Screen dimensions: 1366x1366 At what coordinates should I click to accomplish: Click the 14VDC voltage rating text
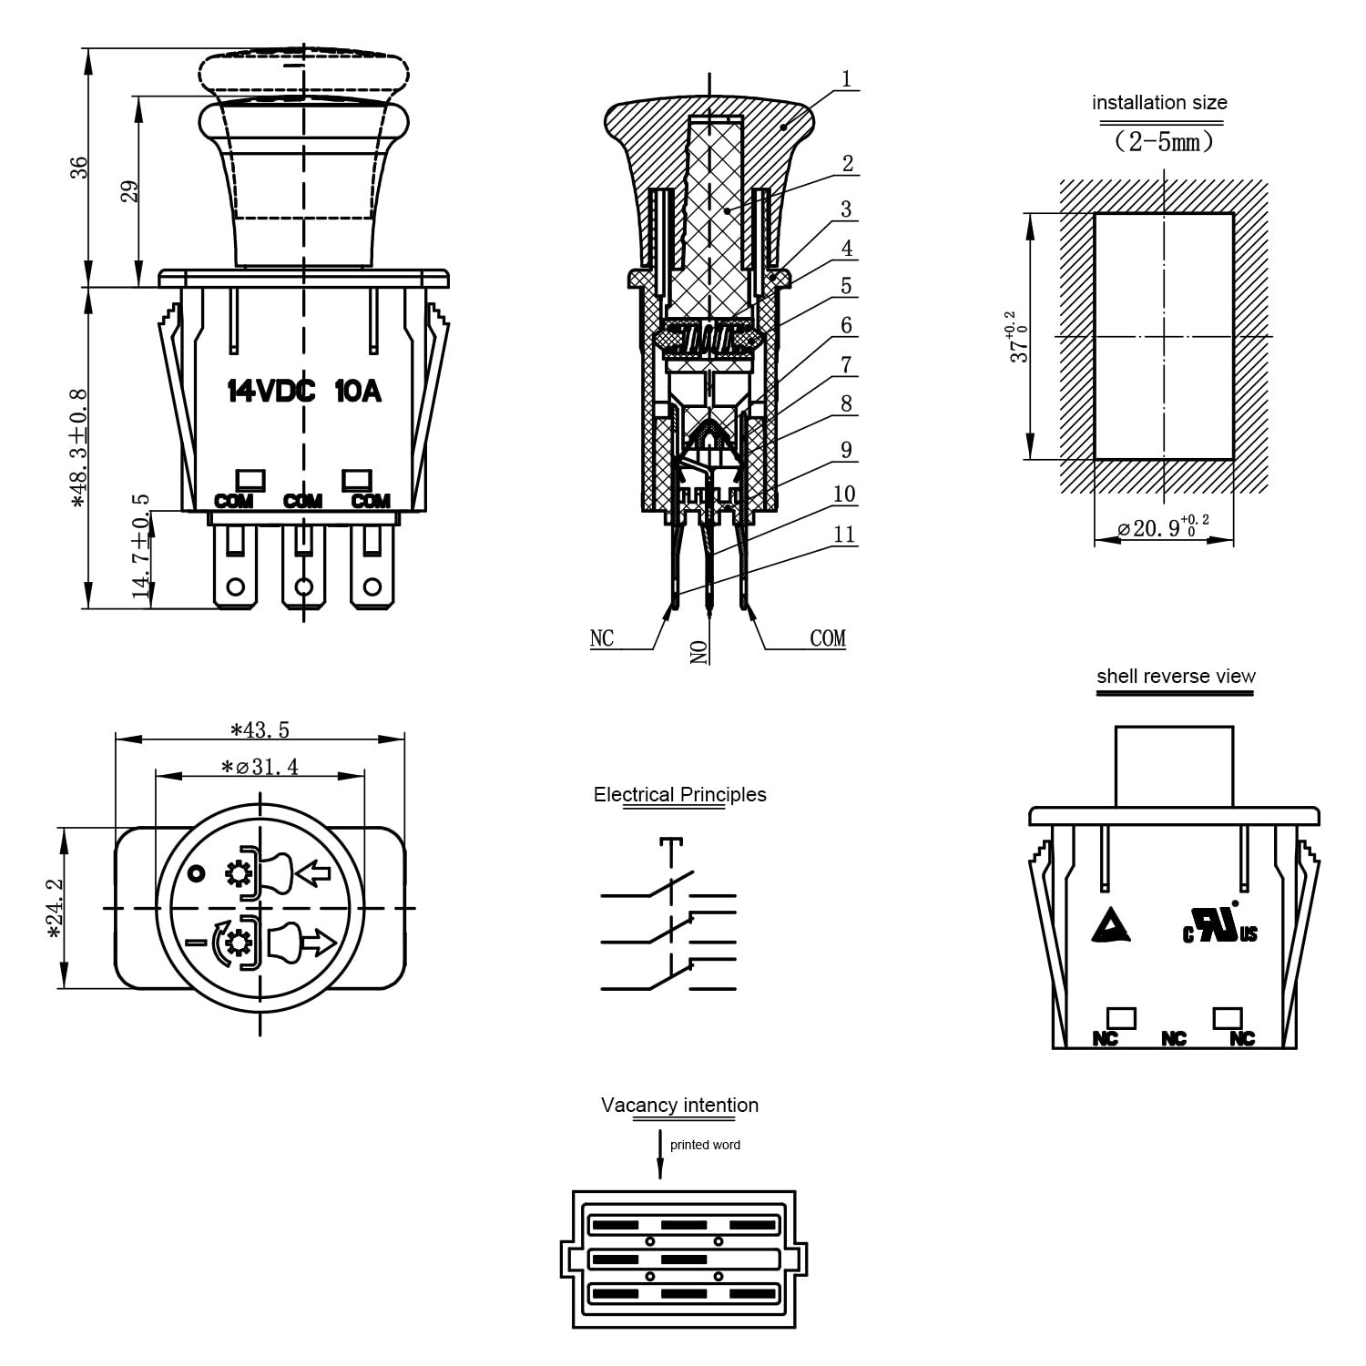coord(270,392)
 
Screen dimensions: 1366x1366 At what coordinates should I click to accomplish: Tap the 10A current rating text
coord(358,392)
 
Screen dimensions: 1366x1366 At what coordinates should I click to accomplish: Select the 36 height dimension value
coord(80,167)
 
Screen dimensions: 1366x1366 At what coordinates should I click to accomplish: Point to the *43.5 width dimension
coord(260,729)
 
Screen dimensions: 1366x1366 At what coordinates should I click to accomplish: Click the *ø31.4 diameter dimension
coord(260,767)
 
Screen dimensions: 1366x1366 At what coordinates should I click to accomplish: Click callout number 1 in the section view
coord(846,79)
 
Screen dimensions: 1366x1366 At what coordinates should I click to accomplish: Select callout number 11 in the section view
coord(844,534)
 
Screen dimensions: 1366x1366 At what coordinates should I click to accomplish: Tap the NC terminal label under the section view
coord(602,638)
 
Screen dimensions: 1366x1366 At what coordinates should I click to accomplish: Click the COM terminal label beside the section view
coord(828,638)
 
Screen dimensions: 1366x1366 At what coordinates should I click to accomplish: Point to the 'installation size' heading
coord(1159,103)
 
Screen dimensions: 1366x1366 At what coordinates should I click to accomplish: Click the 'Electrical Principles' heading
coord(680,794)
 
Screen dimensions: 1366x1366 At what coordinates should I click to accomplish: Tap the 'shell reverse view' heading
coord(1176,676)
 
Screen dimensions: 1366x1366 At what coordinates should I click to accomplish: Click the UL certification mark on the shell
coord(1220,923)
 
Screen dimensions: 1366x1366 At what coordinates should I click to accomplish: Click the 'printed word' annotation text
coord(705,1145)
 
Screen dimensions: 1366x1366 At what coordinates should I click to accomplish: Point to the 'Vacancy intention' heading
coord(679,1105)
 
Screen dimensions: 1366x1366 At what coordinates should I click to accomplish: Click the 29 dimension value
coord(130,191)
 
